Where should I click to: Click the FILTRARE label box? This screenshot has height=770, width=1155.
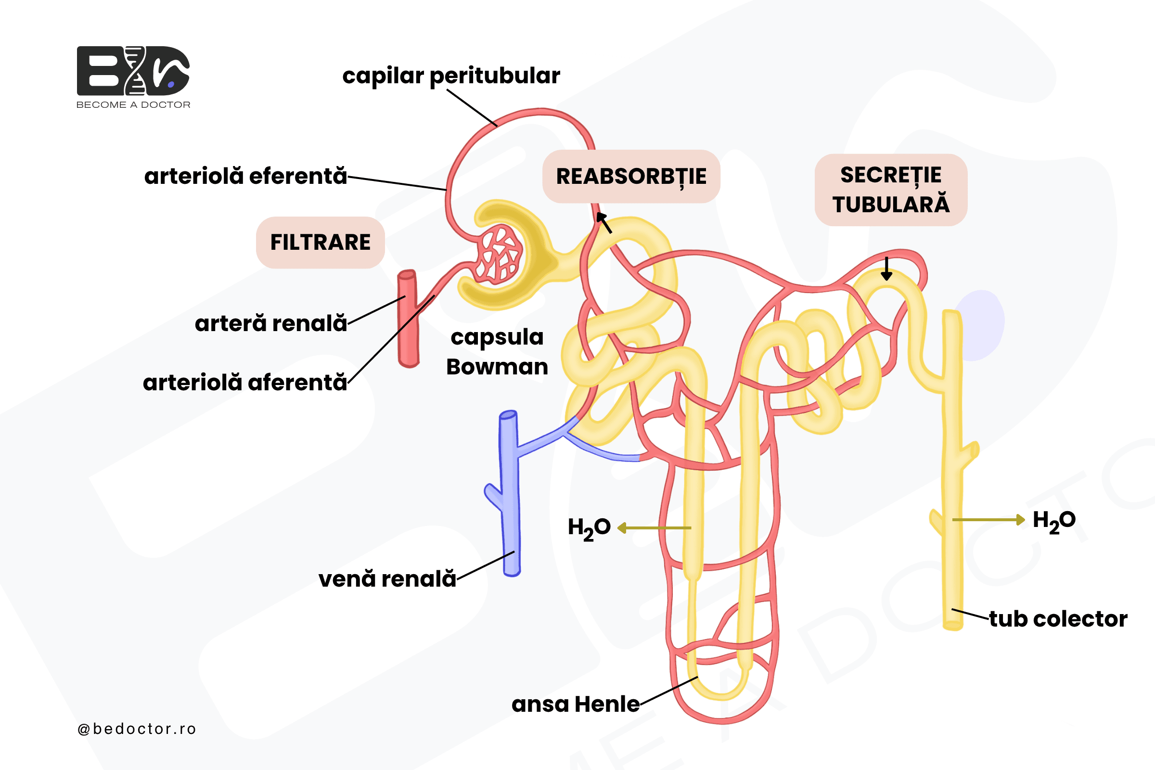(x=320, y=242)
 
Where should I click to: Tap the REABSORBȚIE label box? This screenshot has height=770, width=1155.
(x=631, y=176)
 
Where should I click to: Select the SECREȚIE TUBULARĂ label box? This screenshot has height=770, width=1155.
(x=891, y=190)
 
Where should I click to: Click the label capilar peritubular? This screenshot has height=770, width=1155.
(x=451, y=76)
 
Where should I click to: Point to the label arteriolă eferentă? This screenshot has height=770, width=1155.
(x=245, y=176)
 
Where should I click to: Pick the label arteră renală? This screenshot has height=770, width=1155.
(x=270, y=323)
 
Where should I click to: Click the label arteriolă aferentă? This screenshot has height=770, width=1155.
(x=244, y=382)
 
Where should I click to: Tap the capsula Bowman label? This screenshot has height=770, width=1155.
(x=497, y=352)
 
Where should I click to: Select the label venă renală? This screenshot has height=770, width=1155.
(x=387, y=578)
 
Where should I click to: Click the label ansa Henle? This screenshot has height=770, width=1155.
(x=576, y=704)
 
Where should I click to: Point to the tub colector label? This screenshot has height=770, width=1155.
(x=1058, y=619)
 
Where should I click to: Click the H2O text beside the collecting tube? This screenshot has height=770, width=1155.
(x=1054, y=521)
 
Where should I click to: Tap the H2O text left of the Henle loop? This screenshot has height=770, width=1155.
(x=589, y=528)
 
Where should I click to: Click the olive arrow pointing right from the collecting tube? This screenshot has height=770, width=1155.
(x=988, y=520)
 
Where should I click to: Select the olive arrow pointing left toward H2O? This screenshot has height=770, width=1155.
(x=654, y=528)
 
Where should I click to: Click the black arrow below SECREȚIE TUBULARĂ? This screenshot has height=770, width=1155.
(x=886, y=269)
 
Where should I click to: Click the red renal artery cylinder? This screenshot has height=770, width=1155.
(x=408, y=318)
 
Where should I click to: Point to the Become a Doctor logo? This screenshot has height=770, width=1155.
(x=133, y=77)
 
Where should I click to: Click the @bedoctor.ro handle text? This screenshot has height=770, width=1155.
(x=137, y=729)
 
